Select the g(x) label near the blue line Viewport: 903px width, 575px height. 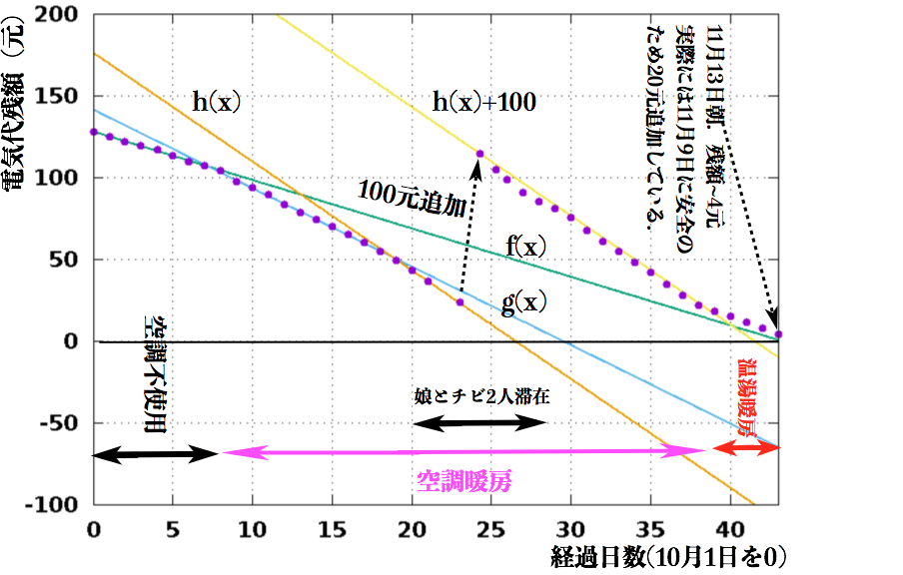[x=523, y=303]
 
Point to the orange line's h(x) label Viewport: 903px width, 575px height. [x=218, y=101]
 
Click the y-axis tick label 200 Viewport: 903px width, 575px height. [x=61, y=15]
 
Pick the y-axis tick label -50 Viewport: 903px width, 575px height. [x=61, y=423]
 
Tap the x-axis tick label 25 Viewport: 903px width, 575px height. [x=490, y=526]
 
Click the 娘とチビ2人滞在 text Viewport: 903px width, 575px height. [x=481, y=396]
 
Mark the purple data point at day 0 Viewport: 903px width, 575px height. [x=93, y=132]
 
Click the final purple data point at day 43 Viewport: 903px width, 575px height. [x=779, y=334]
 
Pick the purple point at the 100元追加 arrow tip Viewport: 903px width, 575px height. [x=479, y=154]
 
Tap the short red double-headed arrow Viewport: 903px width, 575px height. [x=745, y=449]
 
